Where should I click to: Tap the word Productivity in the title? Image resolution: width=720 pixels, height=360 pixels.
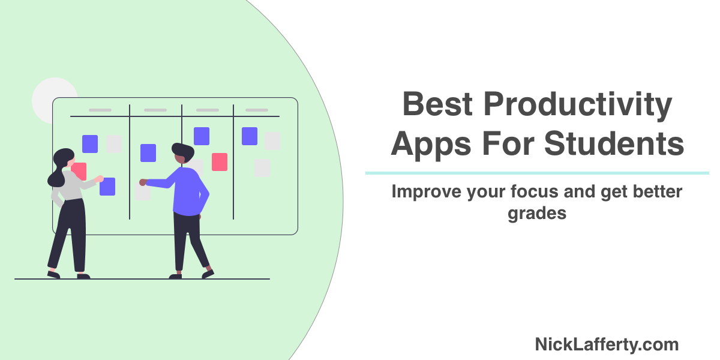click(x=578, y=104)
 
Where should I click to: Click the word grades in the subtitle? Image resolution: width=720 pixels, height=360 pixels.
click(x=537, y=213)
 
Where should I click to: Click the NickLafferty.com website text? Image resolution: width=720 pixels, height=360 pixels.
click(x=607, y=344)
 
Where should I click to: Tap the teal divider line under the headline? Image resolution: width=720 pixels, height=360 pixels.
click(x=537, y=173)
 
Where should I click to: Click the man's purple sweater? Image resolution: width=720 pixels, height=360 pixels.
click(x=188, y=191)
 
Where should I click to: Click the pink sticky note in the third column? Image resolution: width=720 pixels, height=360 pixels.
click(x=220, y=161)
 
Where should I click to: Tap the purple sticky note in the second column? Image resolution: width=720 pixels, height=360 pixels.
click(x=148, y=153)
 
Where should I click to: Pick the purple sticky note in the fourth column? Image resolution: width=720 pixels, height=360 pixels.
click(x=250, y=136)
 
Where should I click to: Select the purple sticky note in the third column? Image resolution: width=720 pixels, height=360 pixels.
click(x=202, y=136)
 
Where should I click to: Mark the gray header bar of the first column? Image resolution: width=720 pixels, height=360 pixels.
click(x=100, y=110)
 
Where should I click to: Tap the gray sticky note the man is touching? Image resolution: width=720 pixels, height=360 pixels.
click(x=143, y=193)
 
